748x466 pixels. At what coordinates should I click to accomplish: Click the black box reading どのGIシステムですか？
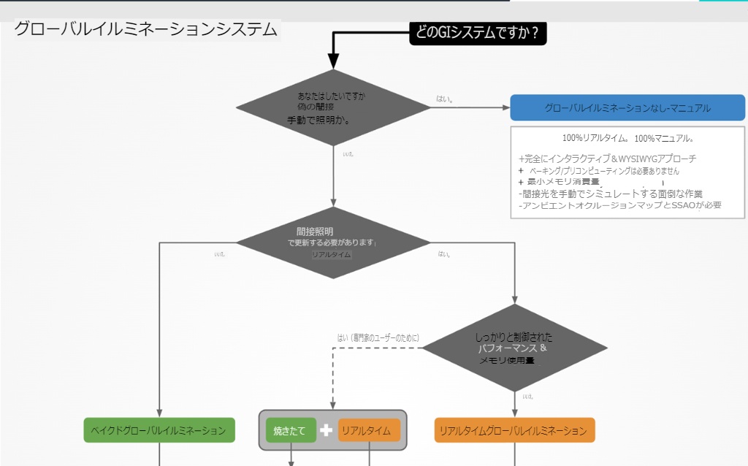pyautogui.click(x=478, y=32)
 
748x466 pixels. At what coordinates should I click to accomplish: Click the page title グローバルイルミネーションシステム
pyautogui.click(x=146, y=30)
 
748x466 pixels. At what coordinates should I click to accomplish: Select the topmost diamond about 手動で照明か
pyautogui.click(x=333, y=107)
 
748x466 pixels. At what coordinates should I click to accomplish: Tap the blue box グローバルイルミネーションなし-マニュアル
pyautogui.click(x=627, y=108)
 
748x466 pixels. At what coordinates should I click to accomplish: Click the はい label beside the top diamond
pyautogui.click(x=444, y=98)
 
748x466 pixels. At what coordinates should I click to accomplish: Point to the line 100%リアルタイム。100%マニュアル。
pyautogui.click(x=627, y=138)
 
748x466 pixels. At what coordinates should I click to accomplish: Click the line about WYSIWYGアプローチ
pyautogui.click(x=607, y=158)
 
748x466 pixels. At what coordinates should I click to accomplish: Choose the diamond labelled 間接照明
pyautogui.click(x=333, y=242)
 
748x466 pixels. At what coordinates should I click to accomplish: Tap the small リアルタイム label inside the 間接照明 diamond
pyautogui.click(x=332, y=254)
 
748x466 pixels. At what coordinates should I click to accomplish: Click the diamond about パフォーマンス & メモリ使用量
pyautogui.click(x=516, y=348)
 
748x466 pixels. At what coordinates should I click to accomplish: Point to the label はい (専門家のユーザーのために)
pyautogui.click(x=378, y=337)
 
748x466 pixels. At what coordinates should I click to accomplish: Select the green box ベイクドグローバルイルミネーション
pyautogui.click(x=159, y=430)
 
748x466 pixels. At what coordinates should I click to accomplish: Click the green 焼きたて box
pyautogui.click(x=291, y=430)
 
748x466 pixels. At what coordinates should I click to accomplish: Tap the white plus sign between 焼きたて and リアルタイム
pyautogui.click(x=327, y=430)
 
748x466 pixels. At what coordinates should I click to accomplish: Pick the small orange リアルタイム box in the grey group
pyautogui.click(x=369, y=430)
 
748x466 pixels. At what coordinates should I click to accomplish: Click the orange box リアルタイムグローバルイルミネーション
pyautogui.click(x=514, y=430)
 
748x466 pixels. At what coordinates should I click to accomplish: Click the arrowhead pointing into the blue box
pyautogui.click(x=505, y=108)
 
